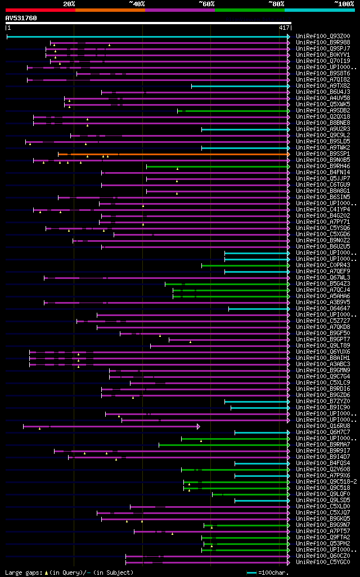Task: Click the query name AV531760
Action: tap(21, 18)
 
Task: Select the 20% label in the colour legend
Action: tap(69, 4)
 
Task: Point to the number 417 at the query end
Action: tap(284, 27)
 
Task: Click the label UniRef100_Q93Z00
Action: tap(322, 37)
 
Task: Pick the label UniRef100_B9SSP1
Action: tap(322, 154)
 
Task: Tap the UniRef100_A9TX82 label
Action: tap(322, 86)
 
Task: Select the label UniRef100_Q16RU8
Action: tap(322, 426)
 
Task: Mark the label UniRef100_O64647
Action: tap(322, 309)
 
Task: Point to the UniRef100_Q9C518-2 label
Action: tap(326, 482)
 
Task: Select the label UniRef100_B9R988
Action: tap(322, 43)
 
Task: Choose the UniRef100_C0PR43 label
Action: tap(322, 265)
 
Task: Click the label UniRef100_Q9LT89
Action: tap(322, 346)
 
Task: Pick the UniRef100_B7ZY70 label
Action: tap(322, 402)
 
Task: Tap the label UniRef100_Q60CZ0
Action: tap(322, 556)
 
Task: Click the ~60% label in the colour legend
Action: tap(206, 4)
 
